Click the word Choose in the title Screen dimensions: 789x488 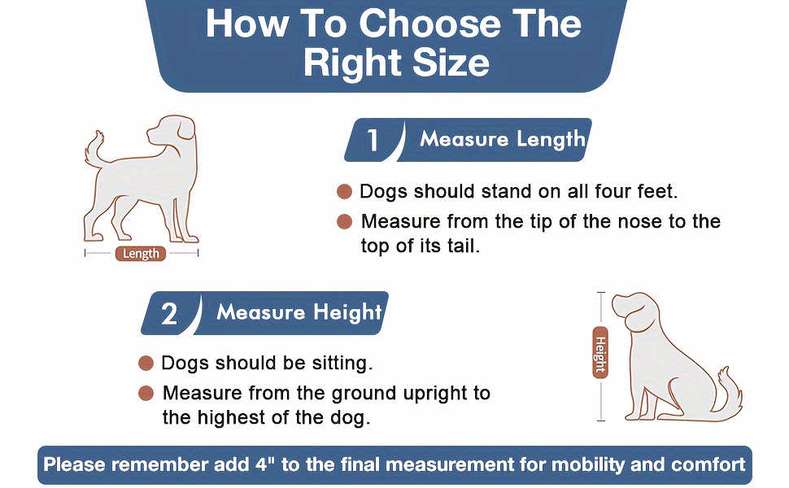(x=429, y=24)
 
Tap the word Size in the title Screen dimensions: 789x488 (x=451, y=63)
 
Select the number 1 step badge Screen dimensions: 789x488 (x=373, y=140)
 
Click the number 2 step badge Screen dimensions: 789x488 (x=169, y=313)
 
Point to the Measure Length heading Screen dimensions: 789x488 (x=502, y=139)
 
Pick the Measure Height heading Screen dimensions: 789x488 (x=299, y=312)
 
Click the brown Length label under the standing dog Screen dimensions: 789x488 (x=141, y=254)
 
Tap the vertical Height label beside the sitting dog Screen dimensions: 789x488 (x=600, y=352)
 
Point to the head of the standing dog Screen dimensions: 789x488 (x=171, y=130)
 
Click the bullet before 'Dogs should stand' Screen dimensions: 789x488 (x=344, y=192)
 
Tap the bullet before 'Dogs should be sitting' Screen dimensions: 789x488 (x=146, y=364)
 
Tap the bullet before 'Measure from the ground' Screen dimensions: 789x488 (x=146, y=394)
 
